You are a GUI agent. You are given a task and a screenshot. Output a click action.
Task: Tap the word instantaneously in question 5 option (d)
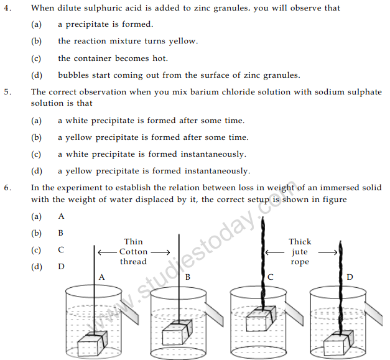(216, 171)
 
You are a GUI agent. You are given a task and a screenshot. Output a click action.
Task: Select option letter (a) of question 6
(36, 216)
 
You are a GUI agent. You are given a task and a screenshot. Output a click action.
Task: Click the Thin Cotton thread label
(134, 252)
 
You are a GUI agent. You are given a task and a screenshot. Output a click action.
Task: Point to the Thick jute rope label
(300, 252)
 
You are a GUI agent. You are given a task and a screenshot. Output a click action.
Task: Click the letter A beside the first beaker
(101, 275)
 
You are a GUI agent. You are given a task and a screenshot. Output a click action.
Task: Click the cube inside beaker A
(92, 344)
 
